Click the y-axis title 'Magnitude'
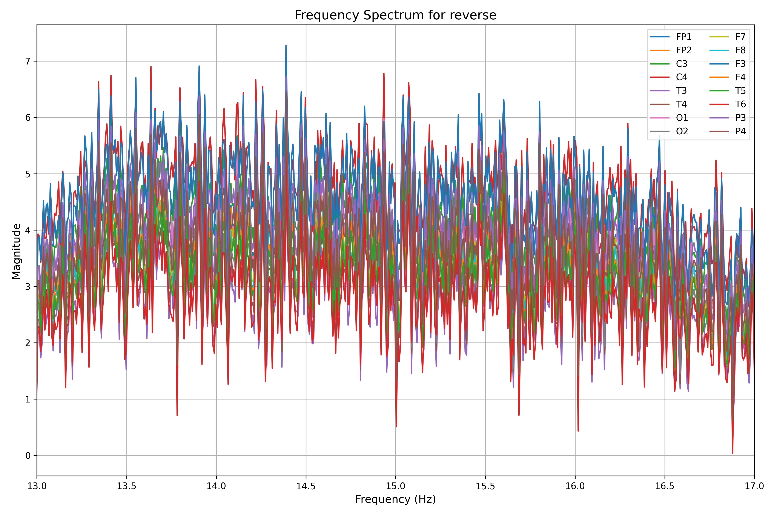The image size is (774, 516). [x=17, y=251]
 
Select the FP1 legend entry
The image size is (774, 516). [x=683, y=37]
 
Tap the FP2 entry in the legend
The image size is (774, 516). [x=683, y=50]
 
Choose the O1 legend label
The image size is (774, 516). [x=682, y=118]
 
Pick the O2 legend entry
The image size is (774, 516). [x=682, y=131]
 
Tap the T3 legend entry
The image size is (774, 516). [x=681, y=91]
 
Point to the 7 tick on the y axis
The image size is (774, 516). [x=28, y=61]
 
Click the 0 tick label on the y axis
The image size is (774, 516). [x=28, y=456]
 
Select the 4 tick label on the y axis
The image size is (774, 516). [x=28, y=230]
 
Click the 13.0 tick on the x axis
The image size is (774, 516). [x=37, y=486]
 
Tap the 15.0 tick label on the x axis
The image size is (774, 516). [x=396, y=486]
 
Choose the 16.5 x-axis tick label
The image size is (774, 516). [x=665, y=486]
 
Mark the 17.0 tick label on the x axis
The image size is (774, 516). [x=754, y=486]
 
